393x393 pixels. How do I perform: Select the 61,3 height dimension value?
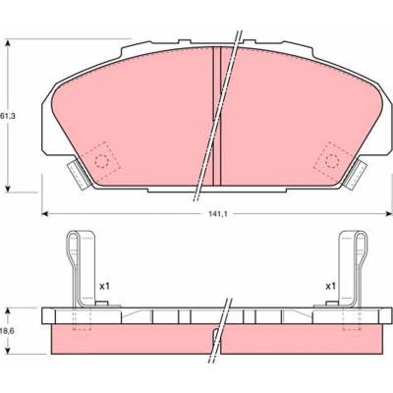(x=8, y=116)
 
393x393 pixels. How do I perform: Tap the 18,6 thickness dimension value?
(x=7, y=331)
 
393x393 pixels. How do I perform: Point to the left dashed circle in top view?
(x=101, y=161)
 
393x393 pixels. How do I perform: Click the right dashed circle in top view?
(x=332, y=161)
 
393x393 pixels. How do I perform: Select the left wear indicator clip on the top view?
(x=78, y=174)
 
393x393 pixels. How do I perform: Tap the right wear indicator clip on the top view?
(x=356, y=174)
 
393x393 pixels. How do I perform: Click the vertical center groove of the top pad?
(x=217, y=116)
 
